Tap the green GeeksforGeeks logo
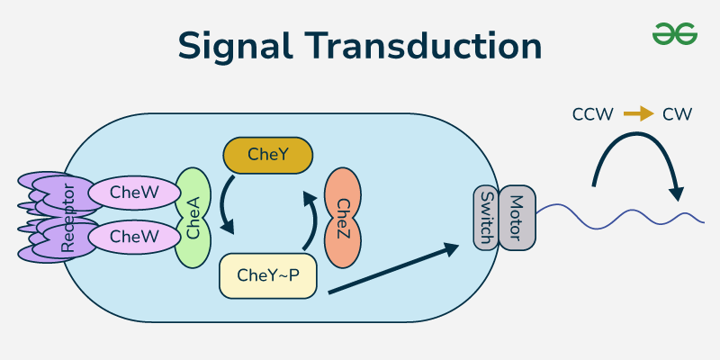point(675,33)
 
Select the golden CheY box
point(267,156)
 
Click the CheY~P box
point(269,275)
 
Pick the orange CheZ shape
point(341,218)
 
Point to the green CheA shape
point(193,217)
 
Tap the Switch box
point(486,218)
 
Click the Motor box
point(517,218)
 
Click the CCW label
point(592,114)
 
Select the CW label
point(676,114)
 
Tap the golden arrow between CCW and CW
point(638,114)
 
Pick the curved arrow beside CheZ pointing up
point(310,220)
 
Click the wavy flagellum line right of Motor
point(621,216)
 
